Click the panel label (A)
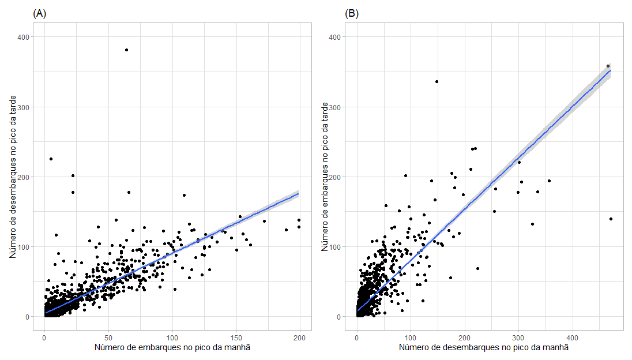click(x=40, y=14)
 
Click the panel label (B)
click(x=352, y=14)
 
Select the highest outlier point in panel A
click(x=126, y=50)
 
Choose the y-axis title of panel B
click(x=325, y=177)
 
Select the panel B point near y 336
click(x=437, y=81)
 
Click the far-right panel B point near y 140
click(x=611, y=219)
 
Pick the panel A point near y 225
click(x=51, y=159)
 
